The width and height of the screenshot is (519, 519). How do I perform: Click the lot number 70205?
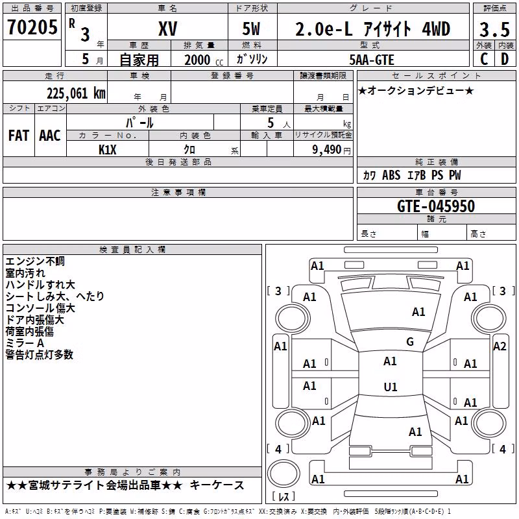[32, 27]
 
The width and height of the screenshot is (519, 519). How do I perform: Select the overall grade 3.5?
[494, 29]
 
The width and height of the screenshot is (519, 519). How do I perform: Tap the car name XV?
[168, 29]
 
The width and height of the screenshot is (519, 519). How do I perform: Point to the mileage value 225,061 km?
[76, 93]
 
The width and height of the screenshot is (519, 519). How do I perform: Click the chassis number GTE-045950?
[436, 206]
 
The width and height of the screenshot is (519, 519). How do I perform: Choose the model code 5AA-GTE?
[372, 60]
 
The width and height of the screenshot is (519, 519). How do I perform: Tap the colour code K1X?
[108, 150]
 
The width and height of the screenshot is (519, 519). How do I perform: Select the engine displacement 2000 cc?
[204, 60]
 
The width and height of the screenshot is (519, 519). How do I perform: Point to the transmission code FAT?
[19, 136]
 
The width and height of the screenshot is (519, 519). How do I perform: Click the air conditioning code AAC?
[50, 136]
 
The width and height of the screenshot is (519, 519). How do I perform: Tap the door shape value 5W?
[251, 29]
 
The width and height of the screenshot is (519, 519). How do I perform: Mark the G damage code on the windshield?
[410, 341]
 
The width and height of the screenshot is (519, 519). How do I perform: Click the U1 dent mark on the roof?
[391, 387]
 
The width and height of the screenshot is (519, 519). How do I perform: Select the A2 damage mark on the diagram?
[500, 346]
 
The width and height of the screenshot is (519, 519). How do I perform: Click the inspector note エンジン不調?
[35, 261]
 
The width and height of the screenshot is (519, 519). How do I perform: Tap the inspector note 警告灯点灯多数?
[39, 354]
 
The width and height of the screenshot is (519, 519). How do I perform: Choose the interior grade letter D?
[505, 59]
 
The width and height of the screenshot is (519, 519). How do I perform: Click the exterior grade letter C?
[484, 59]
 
